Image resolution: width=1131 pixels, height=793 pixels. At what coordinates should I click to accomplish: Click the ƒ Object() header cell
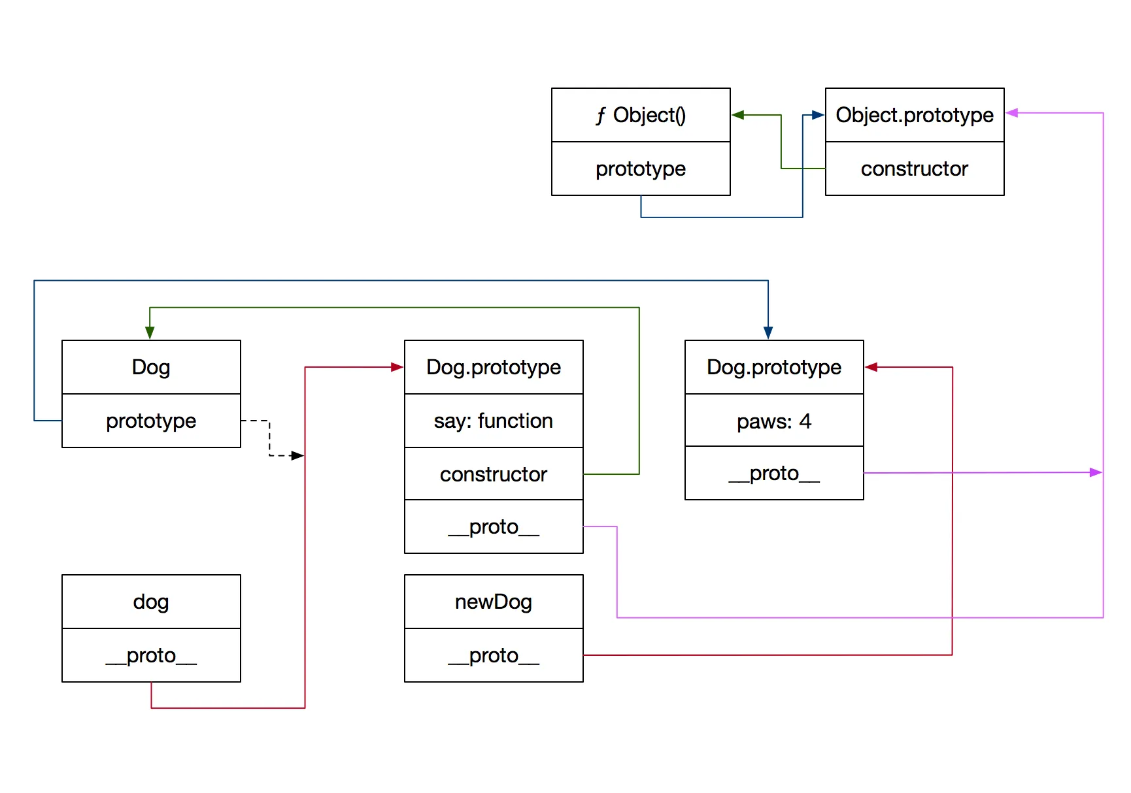pos(641,115)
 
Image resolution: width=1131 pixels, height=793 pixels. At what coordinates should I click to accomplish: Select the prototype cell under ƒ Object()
pos(641,169)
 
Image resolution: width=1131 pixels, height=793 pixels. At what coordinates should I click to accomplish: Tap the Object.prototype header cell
pos(915,115)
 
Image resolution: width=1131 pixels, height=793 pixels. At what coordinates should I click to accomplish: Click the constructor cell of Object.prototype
pos(915,169)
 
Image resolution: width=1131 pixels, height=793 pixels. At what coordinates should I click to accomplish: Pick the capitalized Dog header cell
pos(151,367)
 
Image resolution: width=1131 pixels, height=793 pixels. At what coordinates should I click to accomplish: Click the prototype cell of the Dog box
pos(151,421)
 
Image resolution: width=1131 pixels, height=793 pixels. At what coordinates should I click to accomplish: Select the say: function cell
pos(494,421)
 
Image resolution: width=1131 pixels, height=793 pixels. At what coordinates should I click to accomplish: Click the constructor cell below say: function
pos(494,474)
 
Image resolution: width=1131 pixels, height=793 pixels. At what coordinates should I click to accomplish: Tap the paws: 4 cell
pos(774,421)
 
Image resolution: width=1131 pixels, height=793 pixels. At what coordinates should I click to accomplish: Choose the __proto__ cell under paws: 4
pos(774,473)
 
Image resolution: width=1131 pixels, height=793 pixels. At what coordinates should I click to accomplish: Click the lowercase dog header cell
pos(151,602)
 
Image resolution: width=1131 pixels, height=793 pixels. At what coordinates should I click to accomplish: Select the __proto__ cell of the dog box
pos(151,655)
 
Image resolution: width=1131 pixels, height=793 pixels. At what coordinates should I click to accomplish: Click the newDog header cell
pos(494,602)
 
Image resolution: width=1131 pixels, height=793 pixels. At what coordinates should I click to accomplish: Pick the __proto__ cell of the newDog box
pos(494,655)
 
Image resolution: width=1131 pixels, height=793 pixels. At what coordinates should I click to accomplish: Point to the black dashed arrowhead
pos(297,455)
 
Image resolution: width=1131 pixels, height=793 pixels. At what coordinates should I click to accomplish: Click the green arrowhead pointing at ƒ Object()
pos(738,115)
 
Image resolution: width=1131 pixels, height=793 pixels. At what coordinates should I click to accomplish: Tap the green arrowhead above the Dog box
pos(150,332)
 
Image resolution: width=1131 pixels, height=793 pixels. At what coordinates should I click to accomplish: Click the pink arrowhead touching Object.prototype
pos(1012,113)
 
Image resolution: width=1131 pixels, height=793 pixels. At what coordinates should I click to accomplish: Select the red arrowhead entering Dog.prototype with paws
pos(871,367)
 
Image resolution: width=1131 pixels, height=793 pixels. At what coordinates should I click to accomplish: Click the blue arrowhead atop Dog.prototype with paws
pos(768,332)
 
